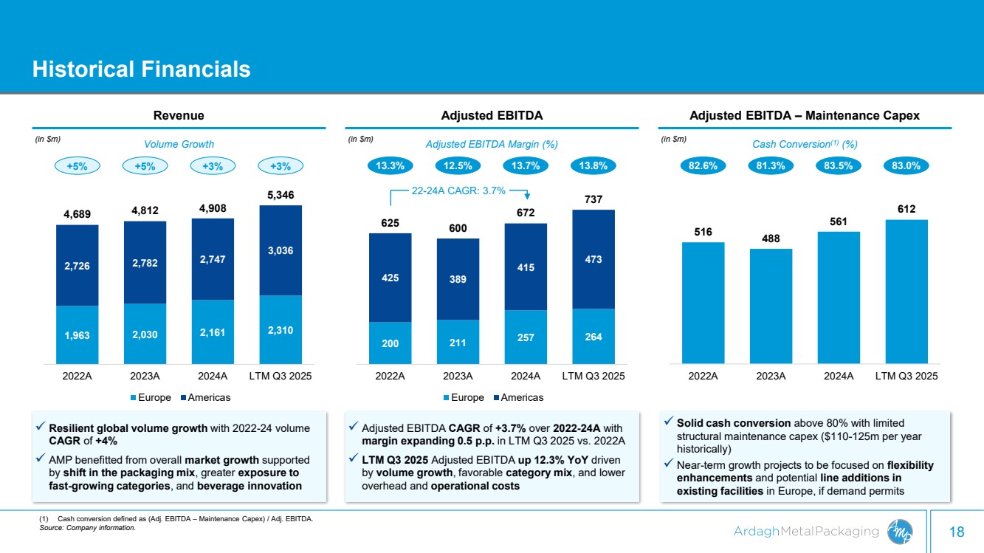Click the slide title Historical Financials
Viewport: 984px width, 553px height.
pos(141,69)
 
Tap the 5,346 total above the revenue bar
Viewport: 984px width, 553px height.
pos(281,196)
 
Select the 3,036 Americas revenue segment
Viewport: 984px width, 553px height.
pos(281,250)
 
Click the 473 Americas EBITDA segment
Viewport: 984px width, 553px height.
pos(594,259)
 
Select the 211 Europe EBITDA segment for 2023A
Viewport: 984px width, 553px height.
pos(458,342)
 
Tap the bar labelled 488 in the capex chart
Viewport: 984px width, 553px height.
pos(771,306)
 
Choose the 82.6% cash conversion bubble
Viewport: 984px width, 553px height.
pos(703,166)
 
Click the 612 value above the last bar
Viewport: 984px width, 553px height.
pos(906,210)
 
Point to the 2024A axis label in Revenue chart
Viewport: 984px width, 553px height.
pos(213,376)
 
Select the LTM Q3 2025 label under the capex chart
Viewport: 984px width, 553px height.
pos(906,376)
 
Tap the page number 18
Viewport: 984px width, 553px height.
pos(957,532)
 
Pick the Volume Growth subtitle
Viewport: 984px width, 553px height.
pos(179,144)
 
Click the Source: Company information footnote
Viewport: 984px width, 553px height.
pos(87,528)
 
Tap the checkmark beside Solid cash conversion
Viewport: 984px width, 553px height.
pos(667,422)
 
